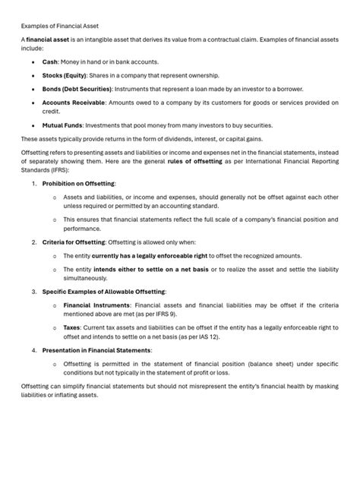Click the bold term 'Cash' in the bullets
click(x=51, y=62)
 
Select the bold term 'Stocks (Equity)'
click(x=65, y=75)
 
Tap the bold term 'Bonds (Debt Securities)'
click(x=78, y=88)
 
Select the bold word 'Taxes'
click(x=72, y=328)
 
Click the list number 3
click(x=33, y=292)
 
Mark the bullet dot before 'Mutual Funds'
click(x=33, y=125)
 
